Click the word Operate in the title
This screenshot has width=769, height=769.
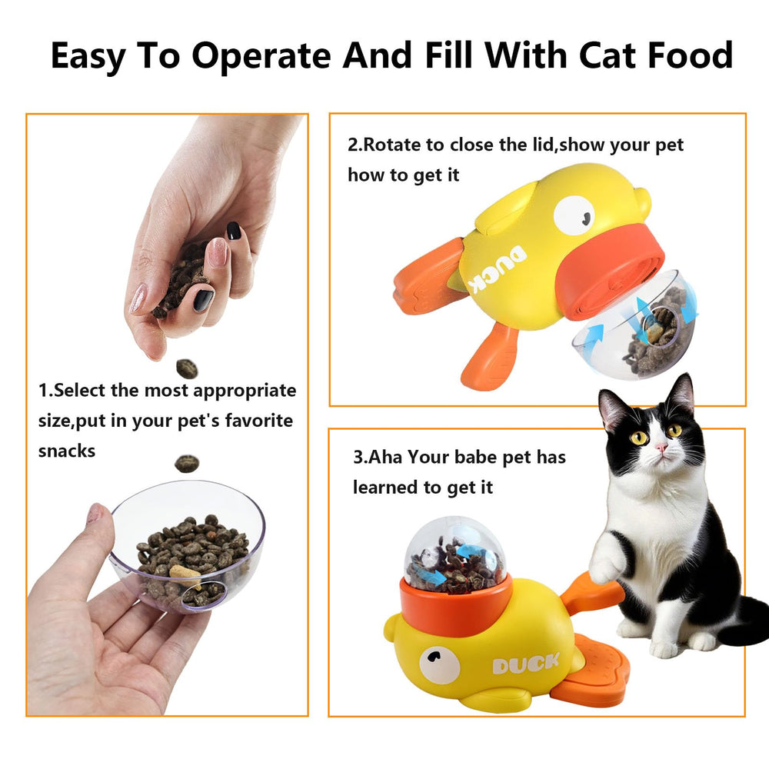tap(261, 57)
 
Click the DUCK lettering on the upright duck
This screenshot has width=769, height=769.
tap(526, 664)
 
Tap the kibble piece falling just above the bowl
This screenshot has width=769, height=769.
tap(186, 463)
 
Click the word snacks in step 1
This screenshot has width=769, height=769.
tap(67, 451)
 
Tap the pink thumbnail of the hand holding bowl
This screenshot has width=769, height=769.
tap(94, 513)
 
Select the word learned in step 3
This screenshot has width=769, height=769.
tap(384, 487)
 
